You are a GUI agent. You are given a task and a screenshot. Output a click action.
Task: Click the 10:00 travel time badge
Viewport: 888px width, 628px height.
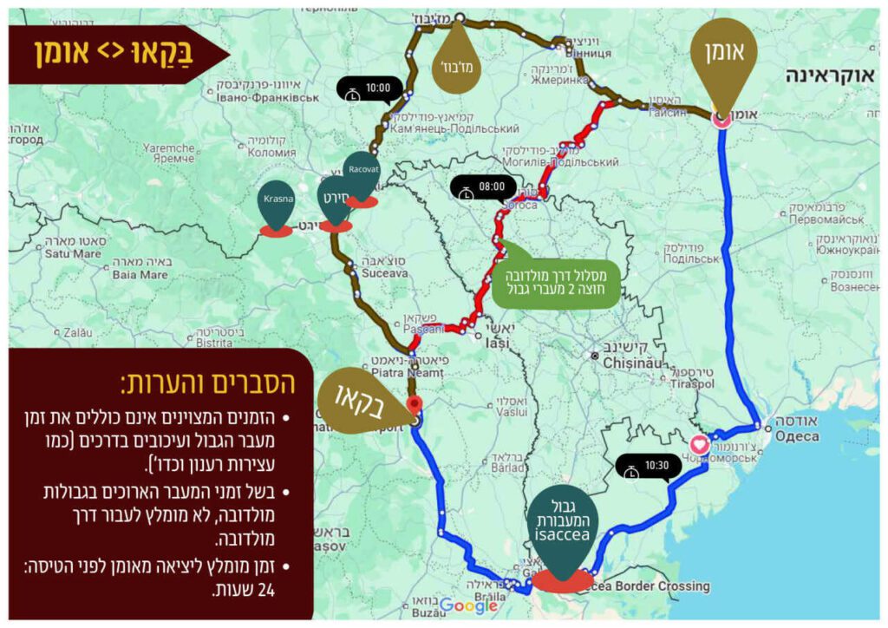(x=370, y=88)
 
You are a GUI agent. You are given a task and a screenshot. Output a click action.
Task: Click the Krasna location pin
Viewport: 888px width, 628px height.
(x=276, y=205)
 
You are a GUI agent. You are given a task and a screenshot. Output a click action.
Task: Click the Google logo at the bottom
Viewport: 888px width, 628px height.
(x=468, y=606)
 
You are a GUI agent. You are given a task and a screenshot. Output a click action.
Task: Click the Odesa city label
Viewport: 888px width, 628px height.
(x=796, y=435)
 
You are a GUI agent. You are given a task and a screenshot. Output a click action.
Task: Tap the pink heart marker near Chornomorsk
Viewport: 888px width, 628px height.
(x=702, y=446)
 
